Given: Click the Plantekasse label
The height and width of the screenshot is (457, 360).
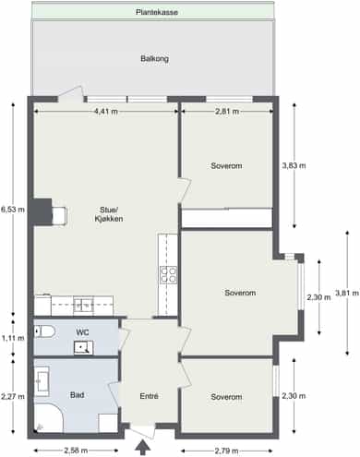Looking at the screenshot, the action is point(157,12).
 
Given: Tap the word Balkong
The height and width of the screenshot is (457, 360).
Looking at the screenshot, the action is point(154,58).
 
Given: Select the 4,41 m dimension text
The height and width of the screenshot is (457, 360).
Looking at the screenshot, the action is point(106,112).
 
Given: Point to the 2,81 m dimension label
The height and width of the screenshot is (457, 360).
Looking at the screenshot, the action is point(227,112).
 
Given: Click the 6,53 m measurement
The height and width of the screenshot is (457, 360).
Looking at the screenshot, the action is point(13,210).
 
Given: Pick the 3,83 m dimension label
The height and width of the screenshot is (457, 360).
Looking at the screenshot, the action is point(294,165).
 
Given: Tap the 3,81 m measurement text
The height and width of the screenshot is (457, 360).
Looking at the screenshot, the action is point(347,293).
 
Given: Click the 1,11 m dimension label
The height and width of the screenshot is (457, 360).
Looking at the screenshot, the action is point(13,338).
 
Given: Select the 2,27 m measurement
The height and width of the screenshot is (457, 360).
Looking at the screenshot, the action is point(13,396).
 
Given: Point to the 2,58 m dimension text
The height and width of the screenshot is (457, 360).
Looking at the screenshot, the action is point(76,451).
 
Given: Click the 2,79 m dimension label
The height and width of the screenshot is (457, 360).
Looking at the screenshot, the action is point(226,451).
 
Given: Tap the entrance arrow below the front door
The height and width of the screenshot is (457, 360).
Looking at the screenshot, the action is point(143,448).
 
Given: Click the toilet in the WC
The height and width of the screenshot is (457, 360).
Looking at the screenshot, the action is point(44,331).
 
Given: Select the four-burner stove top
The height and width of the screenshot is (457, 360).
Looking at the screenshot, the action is point(168,275).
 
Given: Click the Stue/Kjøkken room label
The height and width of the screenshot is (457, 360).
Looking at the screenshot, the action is point(109,214).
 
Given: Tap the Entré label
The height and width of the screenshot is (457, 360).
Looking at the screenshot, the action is point(149,396).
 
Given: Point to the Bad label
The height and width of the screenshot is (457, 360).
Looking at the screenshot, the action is point(77,395).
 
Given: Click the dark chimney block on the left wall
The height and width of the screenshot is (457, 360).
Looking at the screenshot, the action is point(42,211).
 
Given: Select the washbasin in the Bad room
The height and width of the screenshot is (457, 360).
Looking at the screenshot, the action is point(42,381).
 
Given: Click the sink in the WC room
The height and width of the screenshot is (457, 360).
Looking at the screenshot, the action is point(83,348).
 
